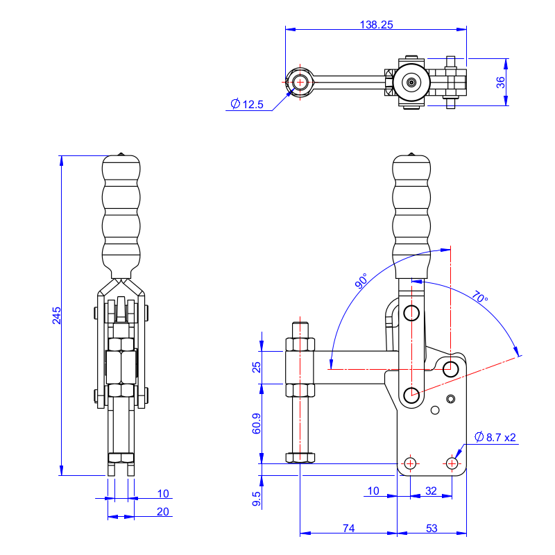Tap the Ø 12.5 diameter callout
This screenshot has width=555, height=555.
[247, 105]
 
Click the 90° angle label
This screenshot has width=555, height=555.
[361, 282]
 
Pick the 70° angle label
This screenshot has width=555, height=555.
[479, 296]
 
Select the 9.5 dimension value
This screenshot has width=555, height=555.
[257, 499]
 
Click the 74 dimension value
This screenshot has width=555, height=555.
[348, 529]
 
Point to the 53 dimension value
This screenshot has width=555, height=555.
[432, 529]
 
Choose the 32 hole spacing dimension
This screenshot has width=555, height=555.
[431, 491]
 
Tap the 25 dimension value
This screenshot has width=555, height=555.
[257, 366]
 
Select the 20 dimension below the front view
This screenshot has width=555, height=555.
[163, 512]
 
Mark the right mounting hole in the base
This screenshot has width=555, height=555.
[452, 463]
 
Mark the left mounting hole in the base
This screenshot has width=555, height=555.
[410, 463]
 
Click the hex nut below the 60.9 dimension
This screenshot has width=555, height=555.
[300, 457]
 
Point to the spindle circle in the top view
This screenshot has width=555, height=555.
[300, 82]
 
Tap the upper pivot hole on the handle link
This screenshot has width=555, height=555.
[411, 313]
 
